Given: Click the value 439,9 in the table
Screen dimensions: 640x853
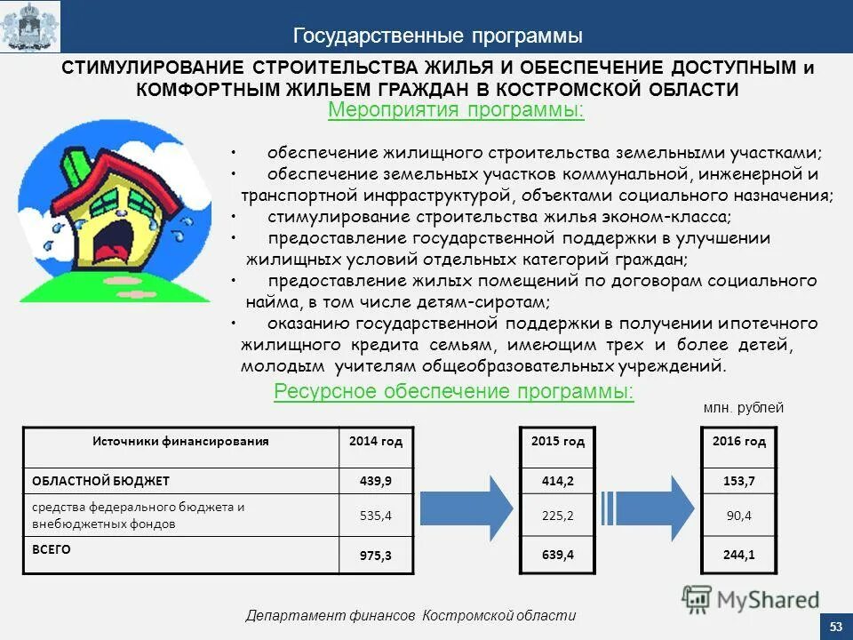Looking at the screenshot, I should point(375,481).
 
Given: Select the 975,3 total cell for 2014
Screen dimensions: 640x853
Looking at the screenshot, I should point(375,556).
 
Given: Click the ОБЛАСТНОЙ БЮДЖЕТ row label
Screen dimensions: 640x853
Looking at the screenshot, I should point(100,481).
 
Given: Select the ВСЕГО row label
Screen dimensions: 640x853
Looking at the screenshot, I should point(52,549).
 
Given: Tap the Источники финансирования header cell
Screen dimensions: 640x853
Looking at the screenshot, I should point(181,441).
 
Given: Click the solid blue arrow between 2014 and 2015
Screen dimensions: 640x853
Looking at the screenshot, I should point(466,508).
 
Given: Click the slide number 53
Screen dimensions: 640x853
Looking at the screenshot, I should point(835,628).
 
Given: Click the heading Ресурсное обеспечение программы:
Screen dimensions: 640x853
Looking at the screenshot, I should point(454,392).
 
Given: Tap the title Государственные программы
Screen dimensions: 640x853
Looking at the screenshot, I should point(438,36).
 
